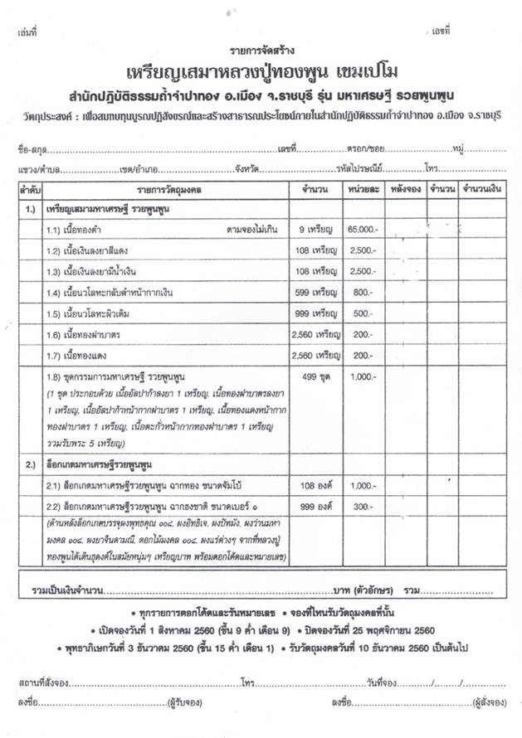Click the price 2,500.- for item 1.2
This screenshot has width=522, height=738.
point(363,250)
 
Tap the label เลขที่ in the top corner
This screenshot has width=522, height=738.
point(440,30)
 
